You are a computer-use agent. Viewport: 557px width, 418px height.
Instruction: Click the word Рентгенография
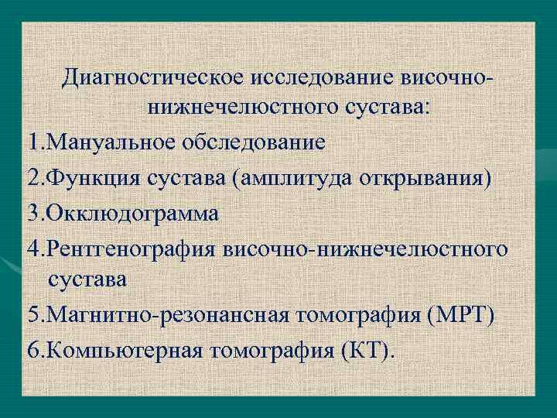click(x=132, y=250)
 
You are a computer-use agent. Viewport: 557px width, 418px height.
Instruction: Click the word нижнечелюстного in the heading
click(x=220, y=108)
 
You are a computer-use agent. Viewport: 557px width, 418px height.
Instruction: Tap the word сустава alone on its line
click(x=87, y=279)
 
